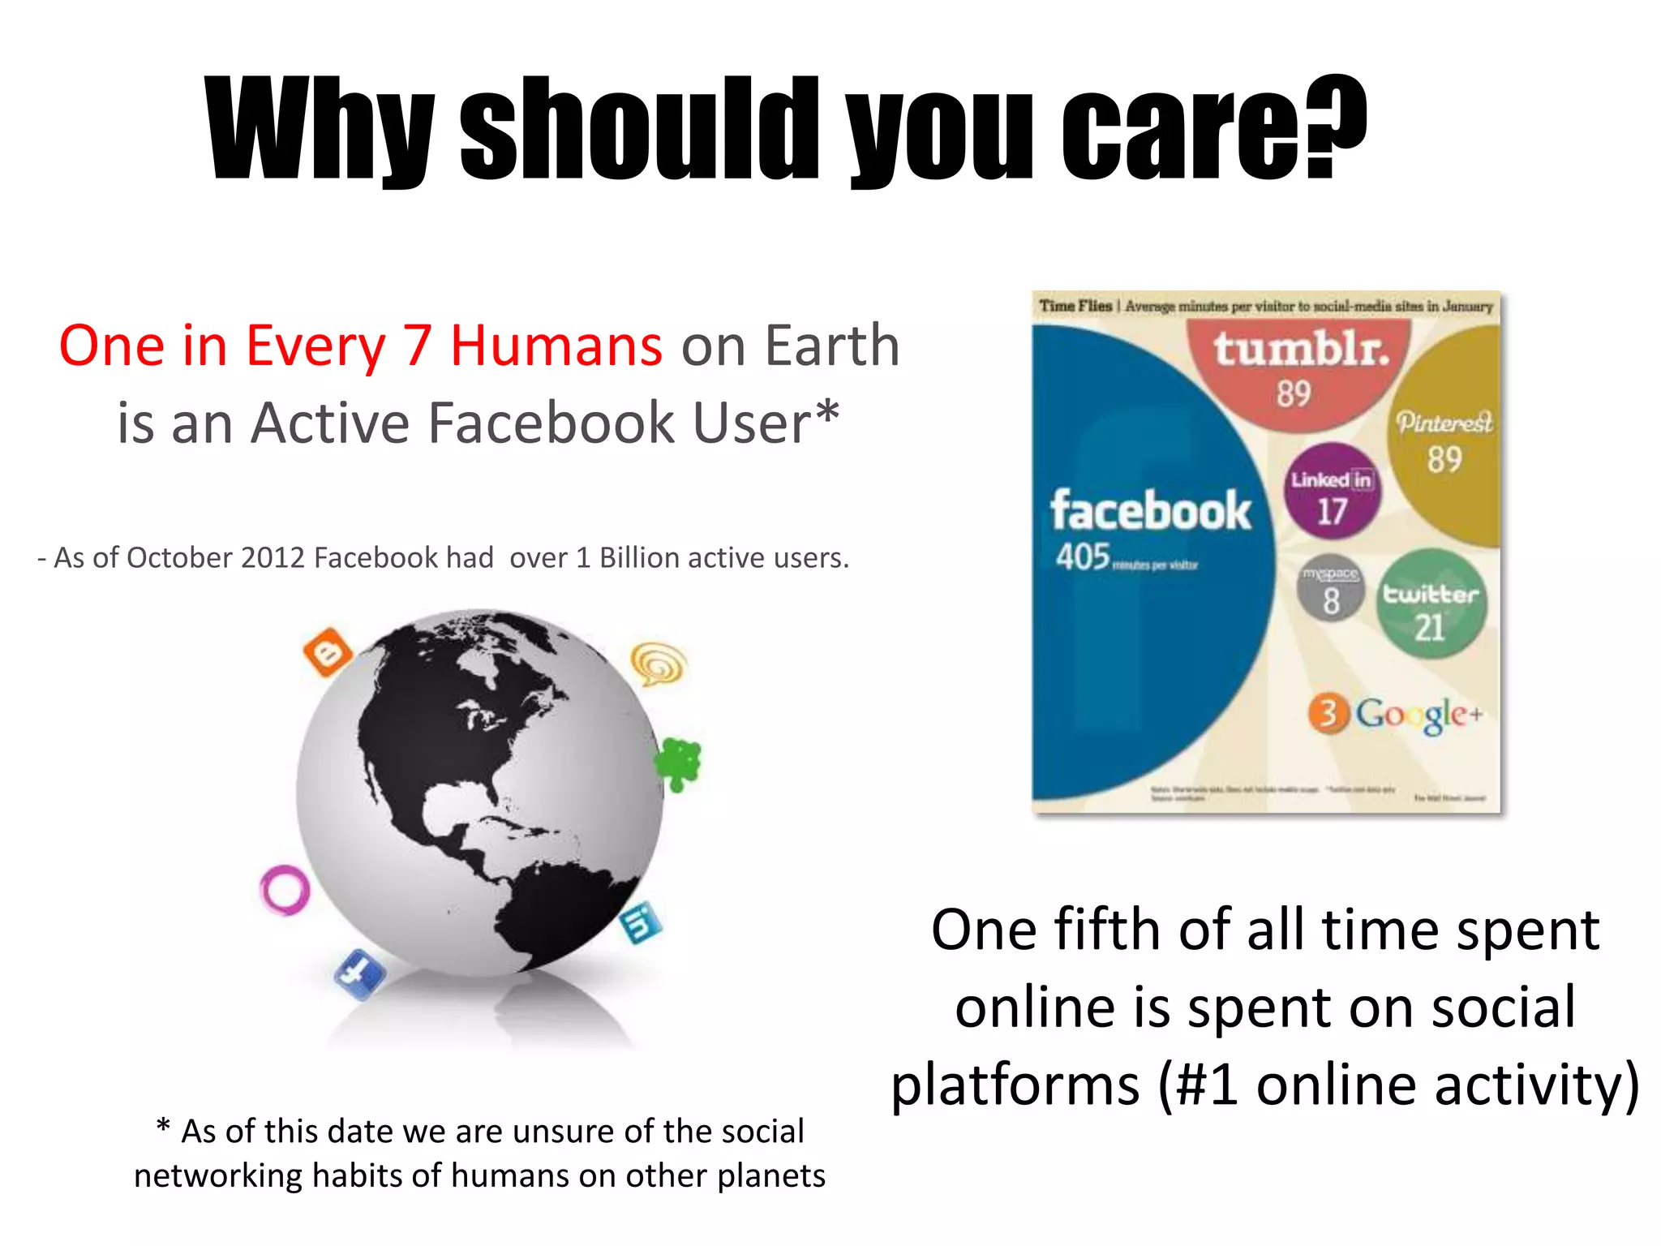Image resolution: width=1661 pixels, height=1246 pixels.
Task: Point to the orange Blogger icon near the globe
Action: (x=328, y=651)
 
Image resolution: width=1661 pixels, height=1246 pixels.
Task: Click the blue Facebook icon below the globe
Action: (x=360, y=973)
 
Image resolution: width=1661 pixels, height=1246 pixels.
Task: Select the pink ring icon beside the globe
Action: (x=284, y=890)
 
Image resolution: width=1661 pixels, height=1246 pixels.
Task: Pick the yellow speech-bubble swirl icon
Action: (x=659, y=664)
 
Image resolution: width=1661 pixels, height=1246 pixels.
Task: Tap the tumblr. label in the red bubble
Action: (x=1301, y=350)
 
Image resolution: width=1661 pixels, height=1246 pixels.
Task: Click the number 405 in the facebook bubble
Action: (x=1082, y=557)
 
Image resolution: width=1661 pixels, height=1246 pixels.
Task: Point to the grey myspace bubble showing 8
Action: (x=1330, y=589)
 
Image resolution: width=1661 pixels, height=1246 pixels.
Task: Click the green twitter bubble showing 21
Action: (x=1431, y=604)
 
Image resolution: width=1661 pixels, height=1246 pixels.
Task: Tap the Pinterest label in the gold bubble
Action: (x=1444, y=423)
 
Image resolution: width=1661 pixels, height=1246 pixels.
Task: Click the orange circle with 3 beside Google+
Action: (x=1328, y=714)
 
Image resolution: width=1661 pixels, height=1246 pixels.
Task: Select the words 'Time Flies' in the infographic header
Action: (x=1075, y=306)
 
